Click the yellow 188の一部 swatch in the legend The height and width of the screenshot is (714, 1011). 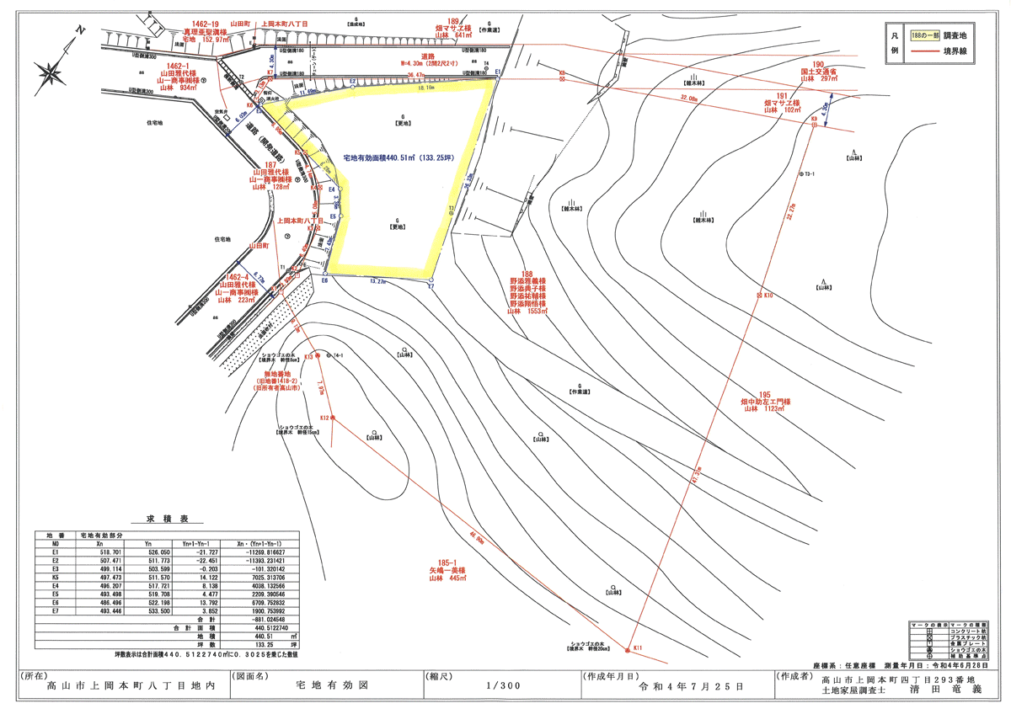pos(926,39)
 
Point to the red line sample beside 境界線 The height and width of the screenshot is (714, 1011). pos(926,55)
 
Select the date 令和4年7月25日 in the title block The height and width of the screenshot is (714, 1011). pos(693,686)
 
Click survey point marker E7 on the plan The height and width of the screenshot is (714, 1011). pos(431,280)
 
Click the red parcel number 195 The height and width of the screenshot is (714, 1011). pos(764,395)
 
